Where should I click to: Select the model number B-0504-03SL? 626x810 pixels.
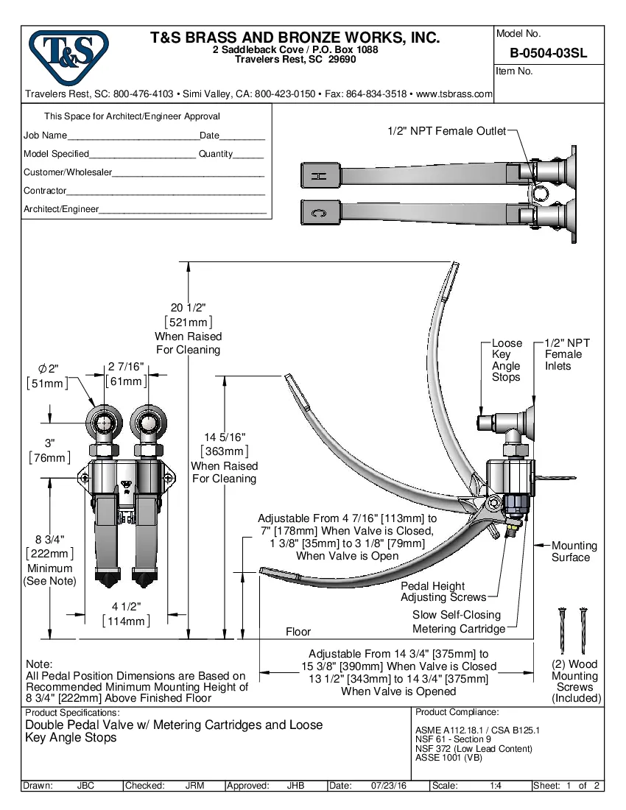pyautogui.click(x=548, y=53)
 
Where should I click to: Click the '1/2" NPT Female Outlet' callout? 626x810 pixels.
pyautogui.click(x=446, y=131)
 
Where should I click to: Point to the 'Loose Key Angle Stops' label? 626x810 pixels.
pyautogui.click(x=506, y=360)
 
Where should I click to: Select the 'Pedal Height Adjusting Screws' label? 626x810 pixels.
pyautogui.click(x=443, y=592)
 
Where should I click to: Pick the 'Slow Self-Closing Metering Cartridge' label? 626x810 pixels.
pyautogui.click(x=459, y=621)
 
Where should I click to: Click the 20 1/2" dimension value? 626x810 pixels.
pyautogui.click(x=188, y=309)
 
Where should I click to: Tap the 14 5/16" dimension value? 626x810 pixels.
pyautogui.click(x=225, y=438)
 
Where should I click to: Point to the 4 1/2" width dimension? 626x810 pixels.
pyautogui.click(x=126, y=607)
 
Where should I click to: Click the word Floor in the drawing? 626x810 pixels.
pyautogui.click(x=298, y=632)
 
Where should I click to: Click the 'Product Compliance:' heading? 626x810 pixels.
pyautogui.click(x=457, y=712)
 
